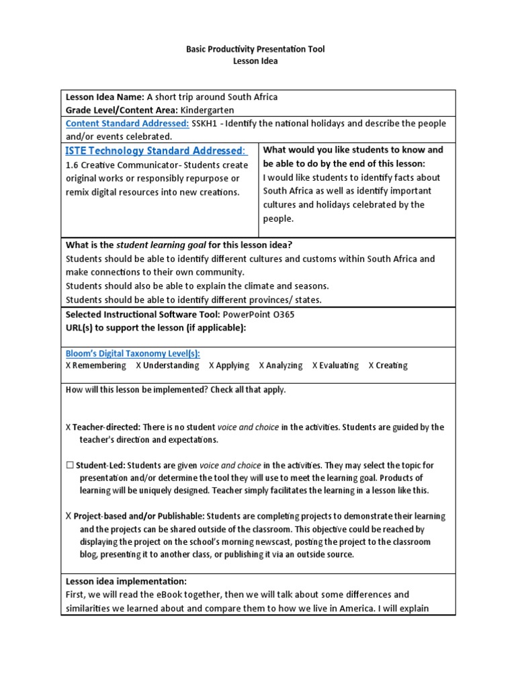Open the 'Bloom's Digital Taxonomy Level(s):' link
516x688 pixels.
(x=132, y=353)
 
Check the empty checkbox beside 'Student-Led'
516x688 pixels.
(x=70, y=465)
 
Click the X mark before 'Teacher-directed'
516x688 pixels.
(x=69, y=427)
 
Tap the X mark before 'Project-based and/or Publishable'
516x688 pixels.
(x=69, y=516)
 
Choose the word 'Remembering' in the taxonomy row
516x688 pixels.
(x=99, y=365)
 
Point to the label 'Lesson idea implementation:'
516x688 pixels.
(x=126, y=581)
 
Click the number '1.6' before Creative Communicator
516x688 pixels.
(x=73, y=165)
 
